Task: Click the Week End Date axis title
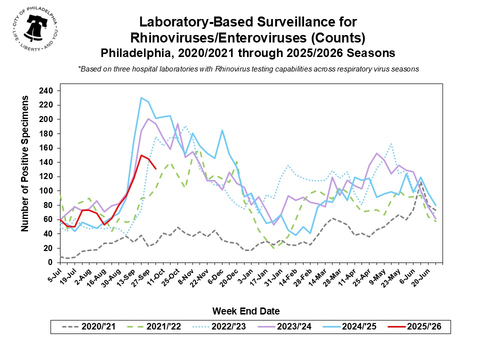246,311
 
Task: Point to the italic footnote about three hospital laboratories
248,69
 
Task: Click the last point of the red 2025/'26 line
156,169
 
